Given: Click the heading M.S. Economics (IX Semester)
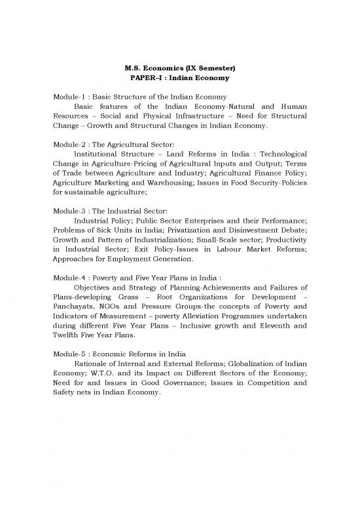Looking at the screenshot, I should [180, 69].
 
